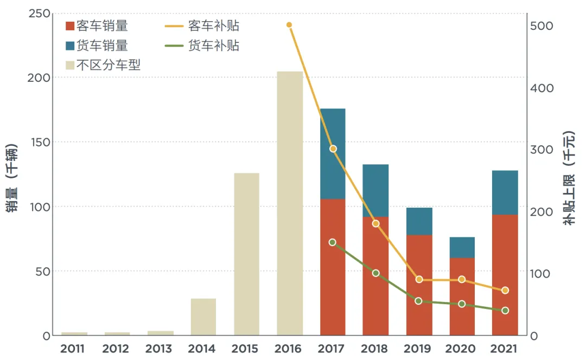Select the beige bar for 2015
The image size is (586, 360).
[x=246, y=254]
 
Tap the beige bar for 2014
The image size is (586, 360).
[x=203, y=317]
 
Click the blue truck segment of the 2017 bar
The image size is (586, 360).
[x=333, y=154]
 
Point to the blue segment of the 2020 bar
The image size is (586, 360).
[x=462, y=247]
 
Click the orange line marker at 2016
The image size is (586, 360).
[x=289, y=25]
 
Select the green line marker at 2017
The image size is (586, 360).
[x=333, y=242]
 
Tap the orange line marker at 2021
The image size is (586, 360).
[x=505, y=291]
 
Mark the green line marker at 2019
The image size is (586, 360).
[x=418, y=300]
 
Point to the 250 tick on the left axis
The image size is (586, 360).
[x=39, y=13]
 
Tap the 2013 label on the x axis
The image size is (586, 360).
[x=160, y=349]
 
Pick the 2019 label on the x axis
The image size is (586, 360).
[x=419, y=349]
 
